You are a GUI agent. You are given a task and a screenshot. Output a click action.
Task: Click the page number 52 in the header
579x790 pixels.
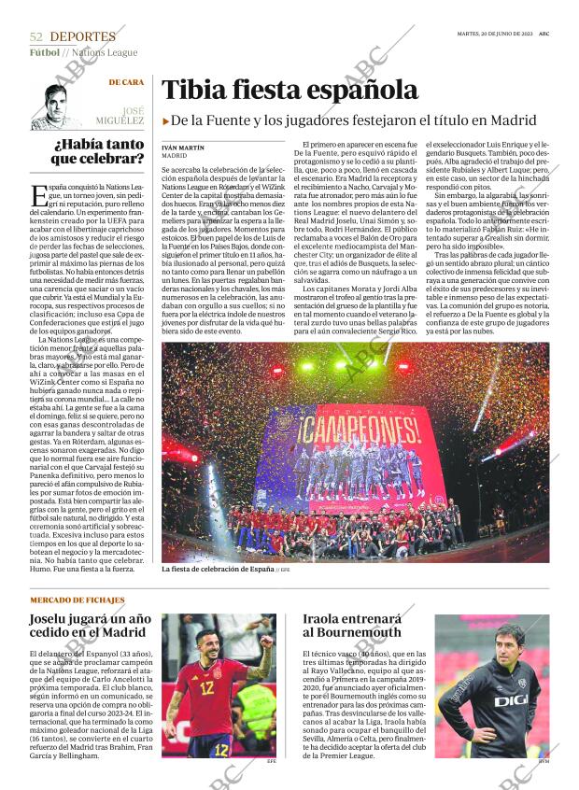click(36, 36)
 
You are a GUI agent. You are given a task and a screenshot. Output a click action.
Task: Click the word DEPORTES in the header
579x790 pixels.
click(83, 36)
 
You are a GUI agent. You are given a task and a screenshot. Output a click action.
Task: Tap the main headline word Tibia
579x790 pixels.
click(193, 91)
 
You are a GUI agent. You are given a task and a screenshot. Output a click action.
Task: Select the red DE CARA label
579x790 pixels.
click(126, 83)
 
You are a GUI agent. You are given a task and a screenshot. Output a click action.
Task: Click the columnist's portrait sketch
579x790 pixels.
click(59, 106)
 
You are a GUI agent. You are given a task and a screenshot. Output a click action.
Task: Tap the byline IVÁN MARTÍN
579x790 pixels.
click(182, 148)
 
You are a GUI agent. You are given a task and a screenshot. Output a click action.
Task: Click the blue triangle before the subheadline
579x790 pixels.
click(165, 120)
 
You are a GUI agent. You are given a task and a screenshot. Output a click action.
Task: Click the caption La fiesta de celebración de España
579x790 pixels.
click(218, 569)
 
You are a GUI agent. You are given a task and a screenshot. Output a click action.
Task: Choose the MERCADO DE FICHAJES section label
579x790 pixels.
click(78, 599)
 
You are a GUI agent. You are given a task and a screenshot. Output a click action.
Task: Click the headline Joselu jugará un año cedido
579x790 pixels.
click(92, 626)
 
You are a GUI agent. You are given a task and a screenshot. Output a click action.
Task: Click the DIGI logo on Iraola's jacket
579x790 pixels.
click(510, 699)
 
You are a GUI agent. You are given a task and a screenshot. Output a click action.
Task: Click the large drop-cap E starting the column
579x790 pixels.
click(38, 195)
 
